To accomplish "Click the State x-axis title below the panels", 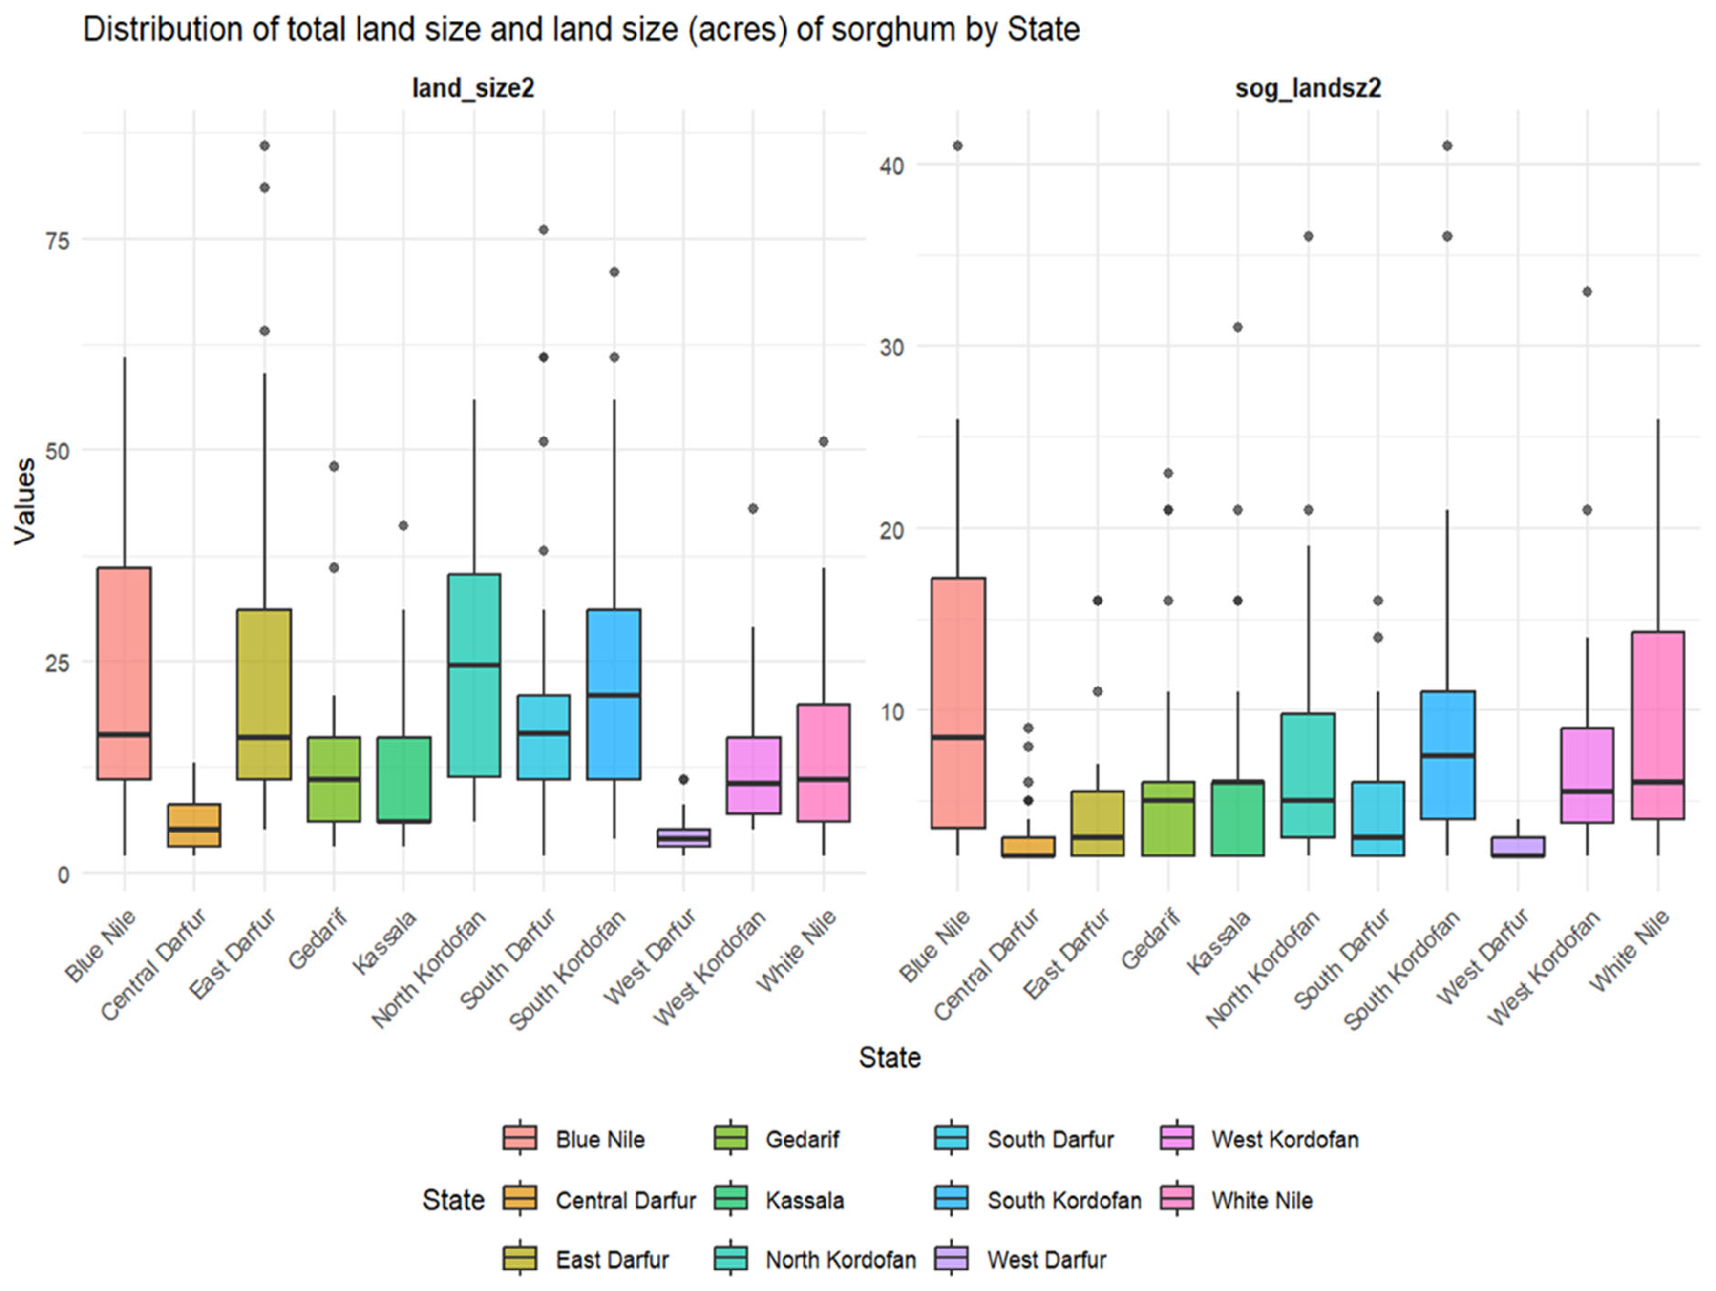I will pyautogui.click(x=889, y=1058).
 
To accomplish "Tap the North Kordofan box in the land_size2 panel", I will pyautogui.click(x=474, y=675).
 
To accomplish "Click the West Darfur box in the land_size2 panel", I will pyautogui.click(x=683, y=837).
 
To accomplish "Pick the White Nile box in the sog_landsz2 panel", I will pyautogui.click(x=1658, y=725).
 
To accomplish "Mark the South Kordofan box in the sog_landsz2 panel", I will pyautogui.click(x=1447, y=754).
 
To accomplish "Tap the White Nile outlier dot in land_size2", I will pyautogui.click(x=824, y=442).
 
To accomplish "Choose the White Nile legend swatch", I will pyautogui.click(x=1177, y=1200).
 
